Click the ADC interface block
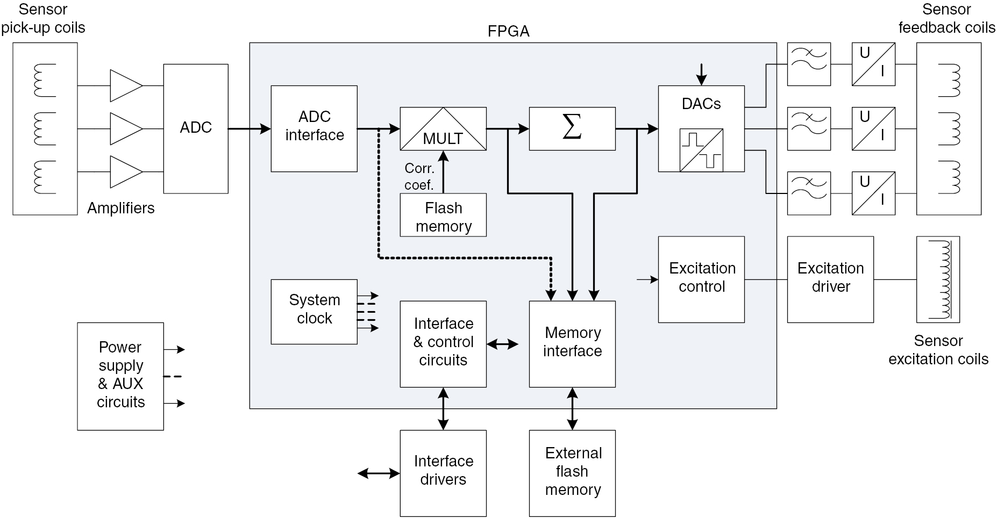pyautogui.click(x=314, y=128)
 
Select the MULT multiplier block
pyautogui.click(x=443, y=129)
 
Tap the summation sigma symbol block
pyautogui.click(x=572, y=129)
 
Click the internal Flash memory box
pyautogui.click(x=443, y=215)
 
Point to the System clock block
pyautogui.click(x=314, y=311)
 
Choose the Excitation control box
pyautogui.click(x=701, y=279)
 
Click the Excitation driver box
pyautogui.click(x=830, y=279)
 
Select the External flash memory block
pyautogui.click(x=572, y=473)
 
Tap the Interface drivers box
pyautogui.click(x=443, y=473)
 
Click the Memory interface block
pyautogui.click(x=572, y=344)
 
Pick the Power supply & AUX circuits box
pyautogui.click(x=120, y=376)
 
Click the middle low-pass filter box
pyautogui.click(x=809, y=129)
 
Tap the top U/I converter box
pyautogui.click(x=873, y=64)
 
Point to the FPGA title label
pyautogui.click(x=508, y=32)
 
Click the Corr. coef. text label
pyautogui.click(x=419, y=177)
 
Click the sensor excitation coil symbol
pyautogui.click(x=938, y=279)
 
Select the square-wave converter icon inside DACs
pyautogui.click(x=701, y=150)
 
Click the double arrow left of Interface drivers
pyautogui.click(x=379, y=473)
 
